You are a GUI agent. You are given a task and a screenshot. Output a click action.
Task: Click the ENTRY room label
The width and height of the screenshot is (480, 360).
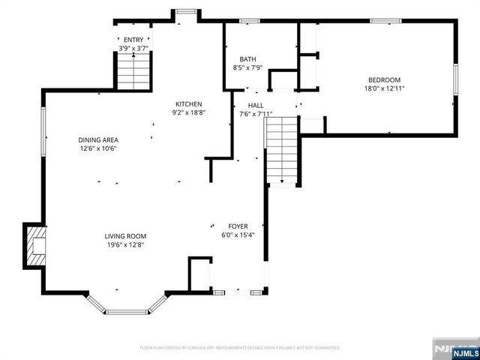133,40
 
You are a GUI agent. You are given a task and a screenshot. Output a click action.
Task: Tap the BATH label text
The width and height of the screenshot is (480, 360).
247,59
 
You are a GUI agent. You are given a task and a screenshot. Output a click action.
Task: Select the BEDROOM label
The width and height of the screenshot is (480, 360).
383,79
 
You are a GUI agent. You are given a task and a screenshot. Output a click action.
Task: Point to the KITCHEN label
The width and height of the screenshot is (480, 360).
189,104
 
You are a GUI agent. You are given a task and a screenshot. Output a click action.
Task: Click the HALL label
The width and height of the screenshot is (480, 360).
256,106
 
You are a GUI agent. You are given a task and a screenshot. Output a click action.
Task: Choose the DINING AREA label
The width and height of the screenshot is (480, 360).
98,139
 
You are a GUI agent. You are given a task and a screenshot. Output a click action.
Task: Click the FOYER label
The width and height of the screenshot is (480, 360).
238,226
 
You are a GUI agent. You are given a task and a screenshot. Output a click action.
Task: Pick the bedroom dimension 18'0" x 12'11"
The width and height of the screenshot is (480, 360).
383,88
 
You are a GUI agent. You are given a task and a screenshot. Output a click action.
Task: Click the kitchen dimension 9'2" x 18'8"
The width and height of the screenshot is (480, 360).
189,113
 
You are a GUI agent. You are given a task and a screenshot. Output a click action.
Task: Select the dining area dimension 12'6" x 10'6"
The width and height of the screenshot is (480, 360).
98,148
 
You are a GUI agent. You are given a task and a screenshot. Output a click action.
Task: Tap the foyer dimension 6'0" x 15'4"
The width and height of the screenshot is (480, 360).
238,235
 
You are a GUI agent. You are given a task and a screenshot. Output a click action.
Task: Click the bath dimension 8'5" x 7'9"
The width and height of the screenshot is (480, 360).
247,68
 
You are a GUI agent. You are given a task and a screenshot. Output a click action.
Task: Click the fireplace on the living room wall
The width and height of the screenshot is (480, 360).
36,245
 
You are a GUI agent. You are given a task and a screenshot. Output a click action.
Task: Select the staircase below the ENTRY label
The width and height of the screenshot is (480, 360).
133,73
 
